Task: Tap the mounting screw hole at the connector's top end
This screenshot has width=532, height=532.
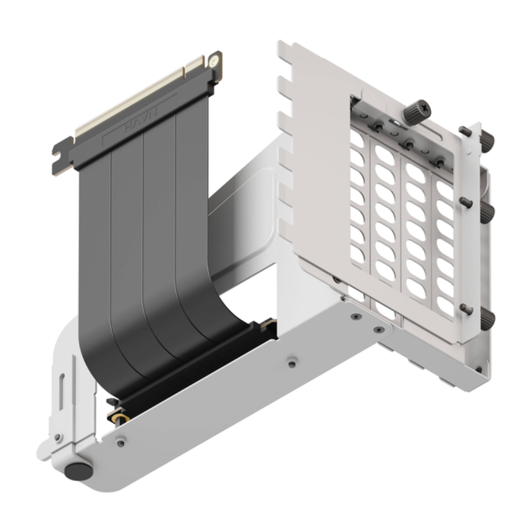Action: coord(215,58)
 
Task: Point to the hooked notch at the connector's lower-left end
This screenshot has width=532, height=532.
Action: coord(59,157)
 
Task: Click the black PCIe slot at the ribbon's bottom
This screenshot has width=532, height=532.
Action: coord(190,365)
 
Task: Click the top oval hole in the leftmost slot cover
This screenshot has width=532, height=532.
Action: coord(357,140)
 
